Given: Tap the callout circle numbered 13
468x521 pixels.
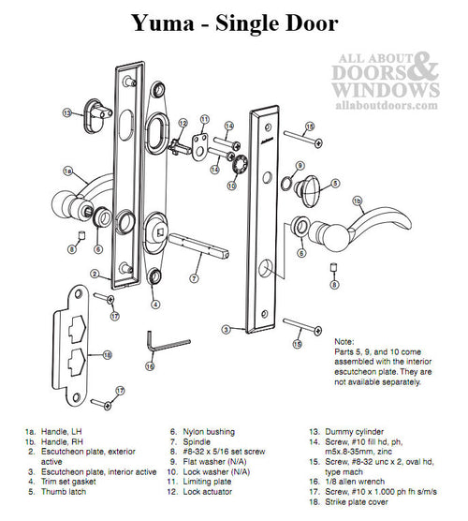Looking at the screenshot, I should tap(67, 112).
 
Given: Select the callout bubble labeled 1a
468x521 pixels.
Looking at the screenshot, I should tap(67, 171).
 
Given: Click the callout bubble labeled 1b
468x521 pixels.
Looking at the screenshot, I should tap(357, 201).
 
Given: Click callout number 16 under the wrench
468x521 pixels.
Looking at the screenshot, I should tap(150, 366).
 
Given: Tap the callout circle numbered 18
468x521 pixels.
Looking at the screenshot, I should tap(108, 355).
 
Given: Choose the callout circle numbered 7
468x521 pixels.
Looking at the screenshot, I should tap(193, 278).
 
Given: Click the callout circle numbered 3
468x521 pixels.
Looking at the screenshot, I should tap(227, 330).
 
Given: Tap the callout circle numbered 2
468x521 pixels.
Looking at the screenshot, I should tap(95, 274).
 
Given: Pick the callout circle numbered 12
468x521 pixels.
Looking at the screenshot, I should tap(184, 123).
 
